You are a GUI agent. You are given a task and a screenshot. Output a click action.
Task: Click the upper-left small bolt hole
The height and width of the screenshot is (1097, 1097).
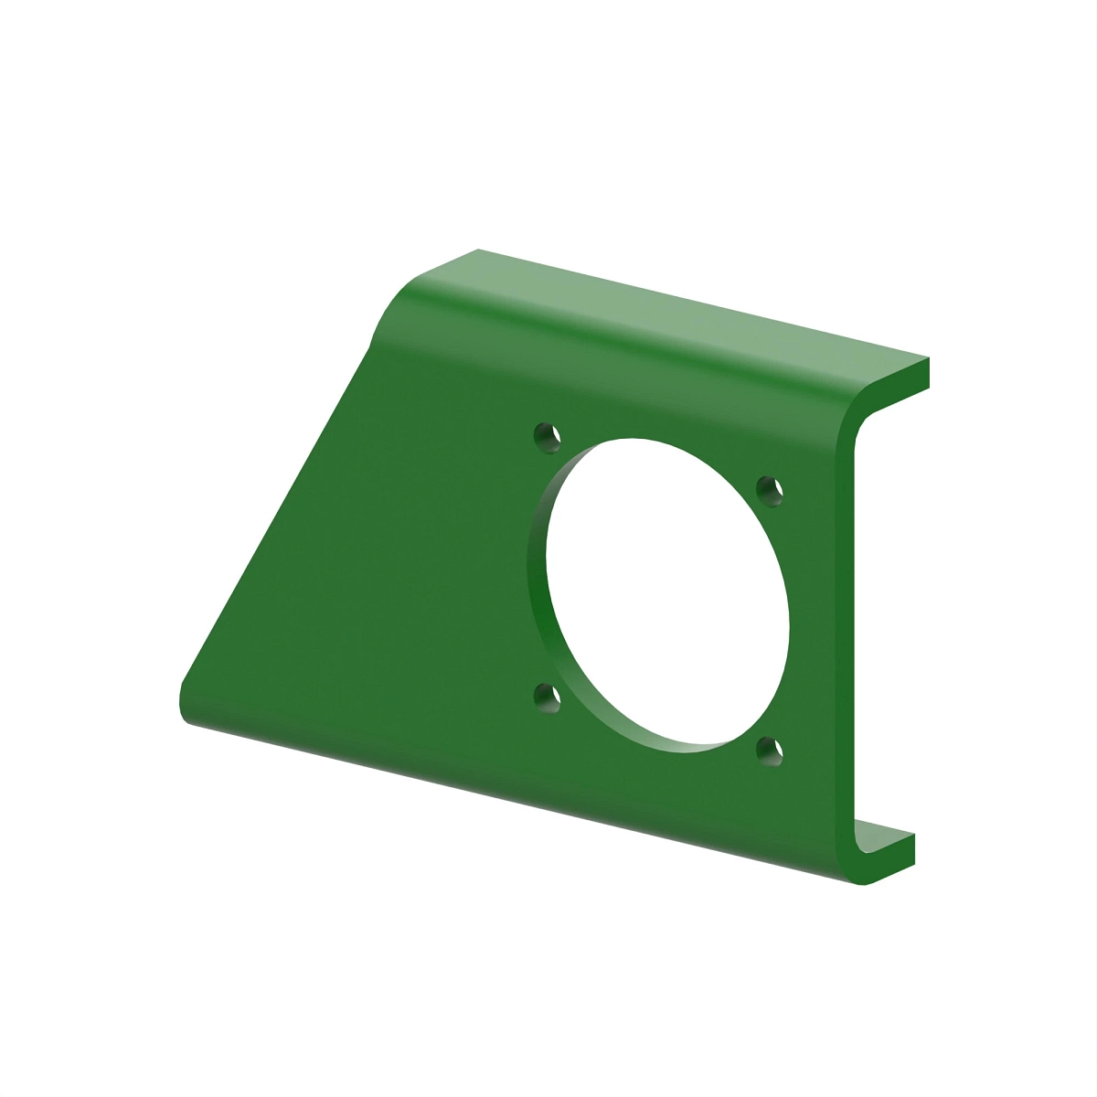[547, 435]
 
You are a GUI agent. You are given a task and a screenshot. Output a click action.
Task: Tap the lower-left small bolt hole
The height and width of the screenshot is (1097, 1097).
[547, 698]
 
